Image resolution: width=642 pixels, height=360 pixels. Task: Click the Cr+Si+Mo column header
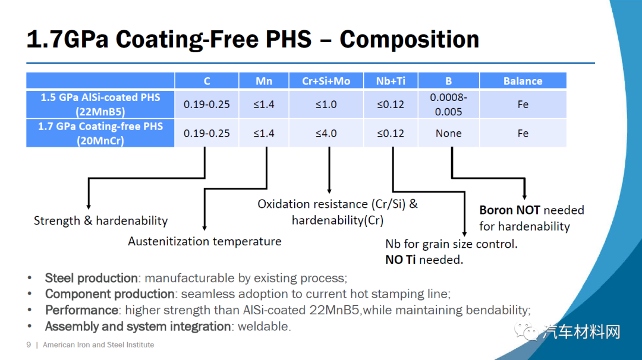point(326,81)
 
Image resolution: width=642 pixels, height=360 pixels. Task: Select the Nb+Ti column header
point(391,81)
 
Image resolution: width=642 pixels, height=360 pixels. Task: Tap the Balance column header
point(523,81)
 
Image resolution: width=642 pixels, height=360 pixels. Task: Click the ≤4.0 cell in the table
point(326,133)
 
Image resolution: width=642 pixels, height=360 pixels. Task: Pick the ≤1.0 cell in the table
point(326,105)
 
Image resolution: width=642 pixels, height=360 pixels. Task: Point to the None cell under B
point(449,133)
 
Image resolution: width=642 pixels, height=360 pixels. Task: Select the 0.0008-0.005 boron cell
point(449,105)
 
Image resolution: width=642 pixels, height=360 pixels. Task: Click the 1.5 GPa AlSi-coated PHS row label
point(100,105)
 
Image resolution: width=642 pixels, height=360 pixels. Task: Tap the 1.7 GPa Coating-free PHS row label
point(100,133)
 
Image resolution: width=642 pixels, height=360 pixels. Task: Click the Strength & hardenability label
point(100,221)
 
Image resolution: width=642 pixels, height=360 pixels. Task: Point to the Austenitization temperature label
point(204,241)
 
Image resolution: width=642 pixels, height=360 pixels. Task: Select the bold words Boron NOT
point(509,210)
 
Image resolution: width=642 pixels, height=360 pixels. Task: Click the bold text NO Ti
point(401,260)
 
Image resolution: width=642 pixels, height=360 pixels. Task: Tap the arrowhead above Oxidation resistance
point(329,191)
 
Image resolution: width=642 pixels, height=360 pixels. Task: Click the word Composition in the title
point(409,39)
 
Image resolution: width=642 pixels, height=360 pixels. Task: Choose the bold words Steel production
point(92,278)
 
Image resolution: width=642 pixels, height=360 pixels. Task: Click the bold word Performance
point(82,310)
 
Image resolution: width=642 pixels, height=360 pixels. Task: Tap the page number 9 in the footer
point(29,345)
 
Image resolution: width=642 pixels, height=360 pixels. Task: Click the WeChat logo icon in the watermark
point(526,331)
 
